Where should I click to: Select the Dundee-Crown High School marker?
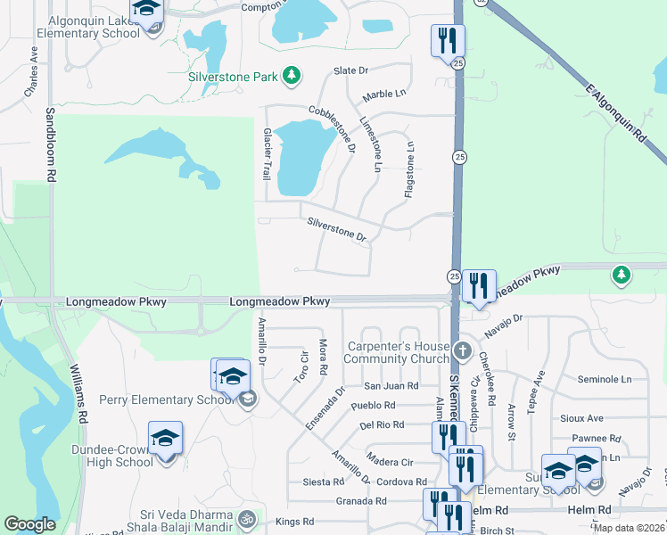[165, 439]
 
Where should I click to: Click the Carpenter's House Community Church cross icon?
[461, 349]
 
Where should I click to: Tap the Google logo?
[29, 524]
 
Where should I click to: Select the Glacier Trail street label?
[266, 153]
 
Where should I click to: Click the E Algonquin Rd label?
[615, 113]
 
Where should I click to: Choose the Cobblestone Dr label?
[333, 128]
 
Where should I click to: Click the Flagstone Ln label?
[409, 171]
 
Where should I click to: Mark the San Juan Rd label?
[391, 386]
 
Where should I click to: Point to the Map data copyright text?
[629, 528]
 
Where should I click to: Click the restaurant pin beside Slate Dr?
[447, 40]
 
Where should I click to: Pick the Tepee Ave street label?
[539, 391]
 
